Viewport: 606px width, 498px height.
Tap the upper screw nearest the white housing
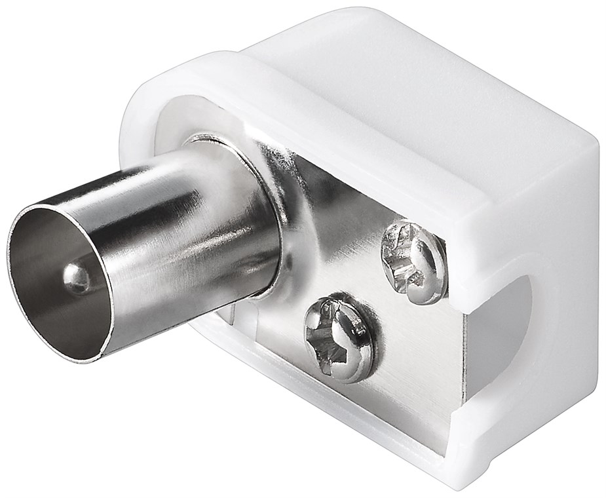click(413, 261)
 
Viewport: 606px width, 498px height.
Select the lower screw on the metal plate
click(339, 337)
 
